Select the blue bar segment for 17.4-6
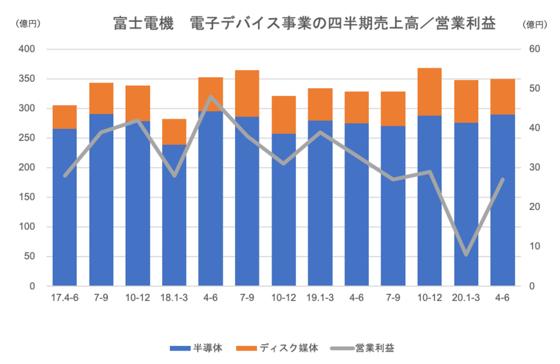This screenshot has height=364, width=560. (x=64, y=207)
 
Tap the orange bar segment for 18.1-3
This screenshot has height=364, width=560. (x=174, y=131)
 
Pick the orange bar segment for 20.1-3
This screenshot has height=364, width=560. (x=467, y=101)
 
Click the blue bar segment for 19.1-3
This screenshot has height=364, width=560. (x=320, y=203)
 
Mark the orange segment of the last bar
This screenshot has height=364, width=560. (x=503, y=97)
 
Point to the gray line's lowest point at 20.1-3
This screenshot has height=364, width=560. (x=467, y=254)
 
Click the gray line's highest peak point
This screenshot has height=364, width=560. (x=210, y=97)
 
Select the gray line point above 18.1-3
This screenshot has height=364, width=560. (x=174, y=175)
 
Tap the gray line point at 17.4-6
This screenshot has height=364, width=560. (x=64, y=175)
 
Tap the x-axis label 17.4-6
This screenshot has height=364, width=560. (x=64, y=298)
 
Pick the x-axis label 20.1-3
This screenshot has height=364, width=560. (x=467, y=298)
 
